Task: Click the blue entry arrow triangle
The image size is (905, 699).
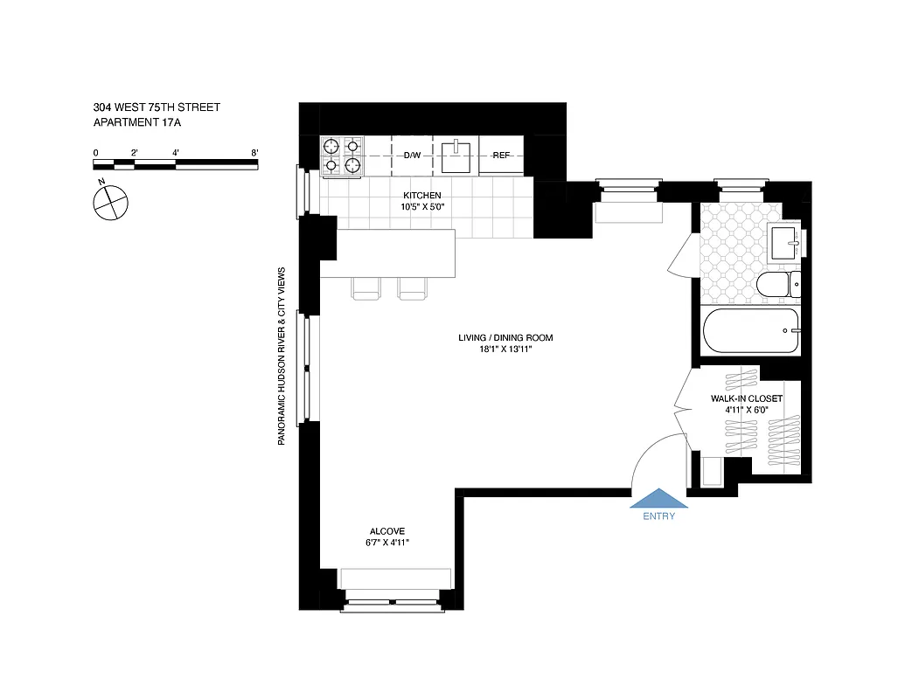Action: [659, 499]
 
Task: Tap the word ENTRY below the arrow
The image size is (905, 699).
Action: [659, 516]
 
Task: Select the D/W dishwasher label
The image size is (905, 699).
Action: [412, 156]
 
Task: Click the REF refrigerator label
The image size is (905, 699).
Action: [501, 156]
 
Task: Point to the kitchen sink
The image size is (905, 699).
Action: [456, 156]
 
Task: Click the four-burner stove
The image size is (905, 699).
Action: [342, 156]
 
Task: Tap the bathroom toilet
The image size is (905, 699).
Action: [777, 285]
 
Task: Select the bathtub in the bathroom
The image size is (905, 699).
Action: [752, 331]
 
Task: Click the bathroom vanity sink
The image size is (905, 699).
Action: [786, 241]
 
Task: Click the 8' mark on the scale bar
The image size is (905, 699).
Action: [254, 153]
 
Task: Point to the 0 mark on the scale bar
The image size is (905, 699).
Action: [95, 153]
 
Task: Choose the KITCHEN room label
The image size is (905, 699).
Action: [421, 195]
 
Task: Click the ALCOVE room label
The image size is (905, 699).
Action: [387, 531]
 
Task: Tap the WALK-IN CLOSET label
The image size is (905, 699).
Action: [746, 398]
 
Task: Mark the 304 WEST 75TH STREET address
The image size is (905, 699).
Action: [157, 107]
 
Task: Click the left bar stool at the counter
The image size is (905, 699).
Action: [366, 289]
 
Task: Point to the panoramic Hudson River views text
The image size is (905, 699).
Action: [282, 356]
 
